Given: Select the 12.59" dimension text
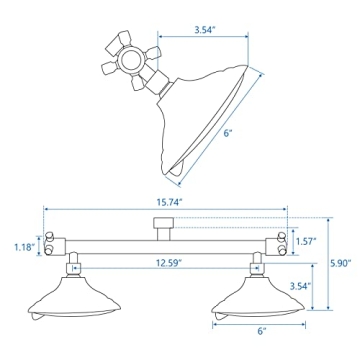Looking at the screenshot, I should [165, 263].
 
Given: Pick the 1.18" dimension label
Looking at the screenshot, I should [23, 246].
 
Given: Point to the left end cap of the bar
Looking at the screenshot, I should [57, 245].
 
